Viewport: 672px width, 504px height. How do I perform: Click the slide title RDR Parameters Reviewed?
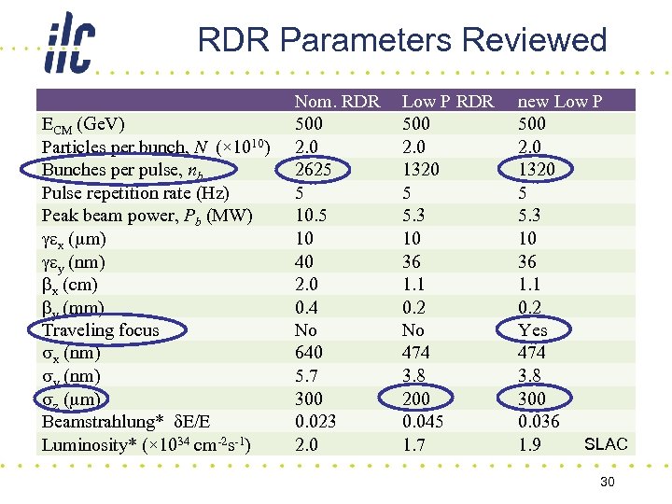pos(402,40)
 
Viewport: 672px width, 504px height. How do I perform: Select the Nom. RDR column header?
pos(337,101)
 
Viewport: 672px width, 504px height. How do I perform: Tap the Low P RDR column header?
pos(447,101)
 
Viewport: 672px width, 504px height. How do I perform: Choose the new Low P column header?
pos(560,101)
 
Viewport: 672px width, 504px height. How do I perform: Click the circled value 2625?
pos(314,170)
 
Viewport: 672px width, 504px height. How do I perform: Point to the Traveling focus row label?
pos(101,330)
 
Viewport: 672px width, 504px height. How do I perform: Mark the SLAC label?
pos(606,444)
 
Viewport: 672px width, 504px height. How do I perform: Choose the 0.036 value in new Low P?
pos(539,422)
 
